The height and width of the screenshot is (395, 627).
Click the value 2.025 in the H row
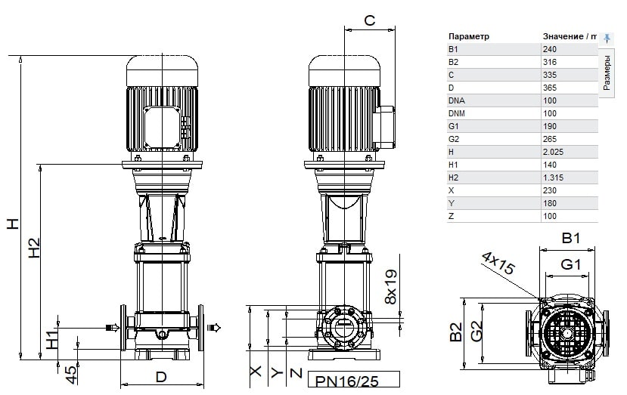click(x=553, y=152)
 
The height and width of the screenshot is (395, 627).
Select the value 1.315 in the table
click(x=553, y=177)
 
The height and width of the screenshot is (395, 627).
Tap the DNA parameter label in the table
click(x=457, y=100)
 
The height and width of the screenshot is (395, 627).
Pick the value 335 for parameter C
click(x=550, y=75)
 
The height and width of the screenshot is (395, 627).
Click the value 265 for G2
click(x=550, y=139)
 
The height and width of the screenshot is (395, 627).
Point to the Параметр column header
click(x=469, y=36)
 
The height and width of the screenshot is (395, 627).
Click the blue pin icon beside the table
click(x=607, y=39)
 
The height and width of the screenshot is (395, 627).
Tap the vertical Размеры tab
click(x=607, y=73)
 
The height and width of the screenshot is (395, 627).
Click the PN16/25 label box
click(x=353, y=379)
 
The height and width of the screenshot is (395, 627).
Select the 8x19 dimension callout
click(x=391, y=287)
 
